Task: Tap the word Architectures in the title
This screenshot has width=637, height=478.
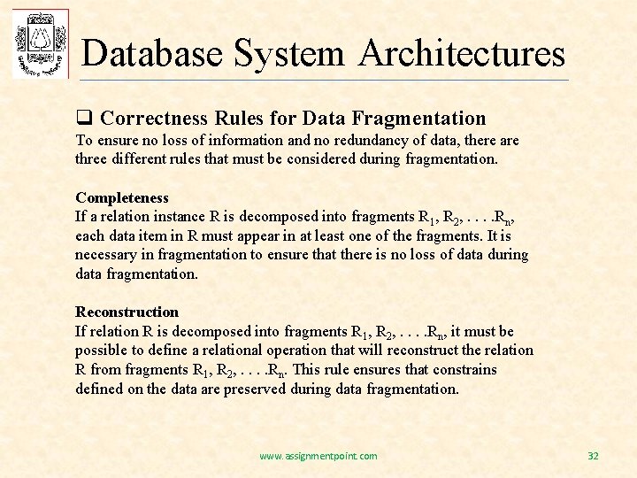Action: click(462, 53)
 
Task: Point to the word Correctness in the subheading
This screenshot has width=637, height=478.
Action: click(154, 118)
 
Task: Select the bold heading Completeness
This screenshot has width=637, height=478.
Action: click(122, 197)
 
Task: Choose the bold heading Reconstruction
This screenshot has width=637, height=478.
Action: click(127, 312)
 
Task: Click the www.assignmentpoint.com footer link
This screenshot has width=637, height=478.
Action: click(318, 456)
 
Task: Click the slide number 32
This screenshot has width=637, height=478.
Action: click(593, 456)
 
